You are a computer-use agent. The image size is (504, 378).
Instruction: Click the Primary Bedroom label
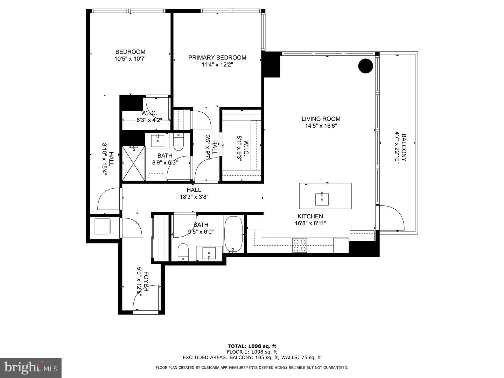[x=217, y=57]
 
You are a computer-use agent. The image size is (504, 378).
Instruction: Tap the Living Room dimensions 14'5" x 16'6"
[x=321, y=126]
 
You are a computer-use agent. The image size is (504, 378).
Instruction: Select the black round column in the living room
[x=365, y=66]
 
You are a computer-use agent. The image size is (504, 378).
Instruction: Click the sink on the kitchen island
[x=322, y=199]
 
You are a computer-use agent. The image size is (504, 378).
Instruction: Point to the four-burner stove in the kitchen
[x=300, y=245]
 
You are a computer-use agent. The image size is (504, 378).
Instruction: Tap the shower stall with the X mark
[x=133, y=163]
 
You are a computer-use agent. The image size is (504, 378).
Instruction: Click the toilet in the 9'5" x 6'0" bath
[x=183, y=252]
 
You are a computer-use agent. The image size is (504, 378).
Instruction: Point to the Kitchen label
[x=310, y=216]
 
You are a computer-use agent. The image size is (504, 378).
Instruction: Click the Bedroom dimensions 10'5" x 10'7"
[x=130, y=59]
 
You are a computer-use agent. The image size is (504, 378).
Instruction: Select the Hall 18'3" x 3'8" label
[x=194, y=193]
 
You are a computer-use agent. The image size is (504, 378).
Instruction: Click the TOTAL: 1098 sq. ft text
[x=252, y=346]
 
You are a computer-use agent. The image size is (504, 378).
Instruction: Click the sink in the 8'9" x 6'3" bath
[x=157, y=141]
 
